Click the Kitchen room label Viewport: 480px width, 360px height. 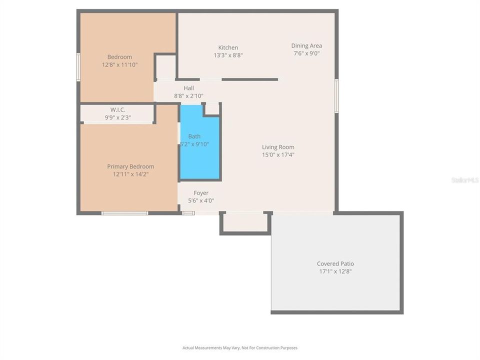pos(228,47)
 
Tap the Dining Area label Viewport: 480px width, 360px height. pos(306,45)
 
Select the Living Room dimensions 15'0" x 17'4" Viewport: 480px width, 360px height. pos(278,155)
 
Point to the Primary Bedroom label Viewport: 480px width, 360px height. pos(130,166)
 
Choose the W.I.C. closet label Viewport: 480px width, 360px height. pos(118,109)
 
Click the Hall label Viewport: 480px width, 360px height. pos(188,88)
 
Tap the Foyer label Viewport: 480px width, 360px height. pos(201,192)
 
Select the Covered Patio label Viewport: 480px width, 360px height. pos(335,263)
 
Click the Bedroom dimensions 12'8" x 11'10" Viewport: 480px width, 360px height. pos(119,64)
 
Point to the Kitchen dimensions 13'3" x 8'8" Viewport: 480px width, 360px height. pos(228,55)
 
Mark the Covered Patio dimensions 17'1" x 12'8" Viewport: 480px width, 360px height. pos(335,271)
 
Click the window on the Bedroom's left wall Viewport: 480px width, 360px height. pos(78,67)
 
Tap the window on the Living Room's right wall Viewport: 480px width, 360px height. pos(336,95)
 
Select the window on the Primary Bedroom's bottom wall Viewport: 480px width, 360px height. pos(124,213)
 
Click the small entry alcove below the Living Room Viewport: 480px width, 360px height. pos(245,222)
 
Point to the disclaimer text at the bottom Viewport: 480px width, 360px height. pos(240,347)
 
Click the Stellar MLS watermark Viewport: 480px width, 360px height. pos(464,180)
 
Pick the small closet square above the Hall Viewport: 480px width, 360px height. pos(165,66)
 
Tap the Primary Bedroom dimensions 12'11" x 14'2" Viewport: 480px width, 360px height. pos(130,174)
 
